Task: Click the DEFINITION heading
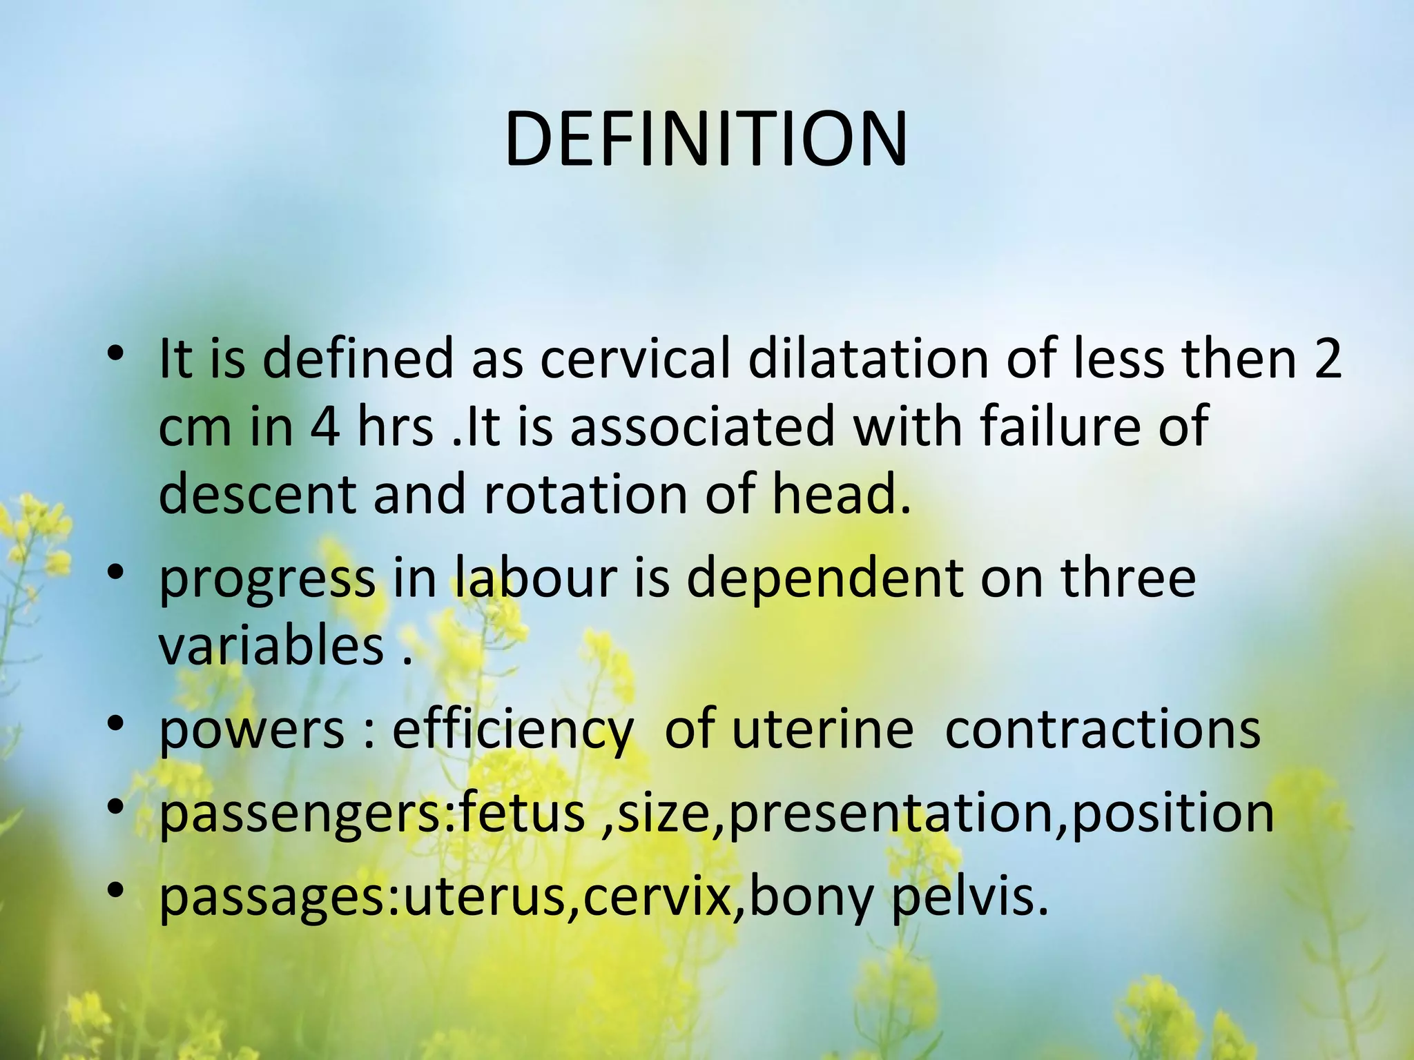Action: pos(706,140)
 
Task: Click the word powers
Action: pos(251,729)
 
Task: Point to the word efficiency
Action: pos(512,731)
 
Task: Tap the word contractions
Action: pos(1103,729)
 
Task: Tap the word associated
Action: pos(702,426)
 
